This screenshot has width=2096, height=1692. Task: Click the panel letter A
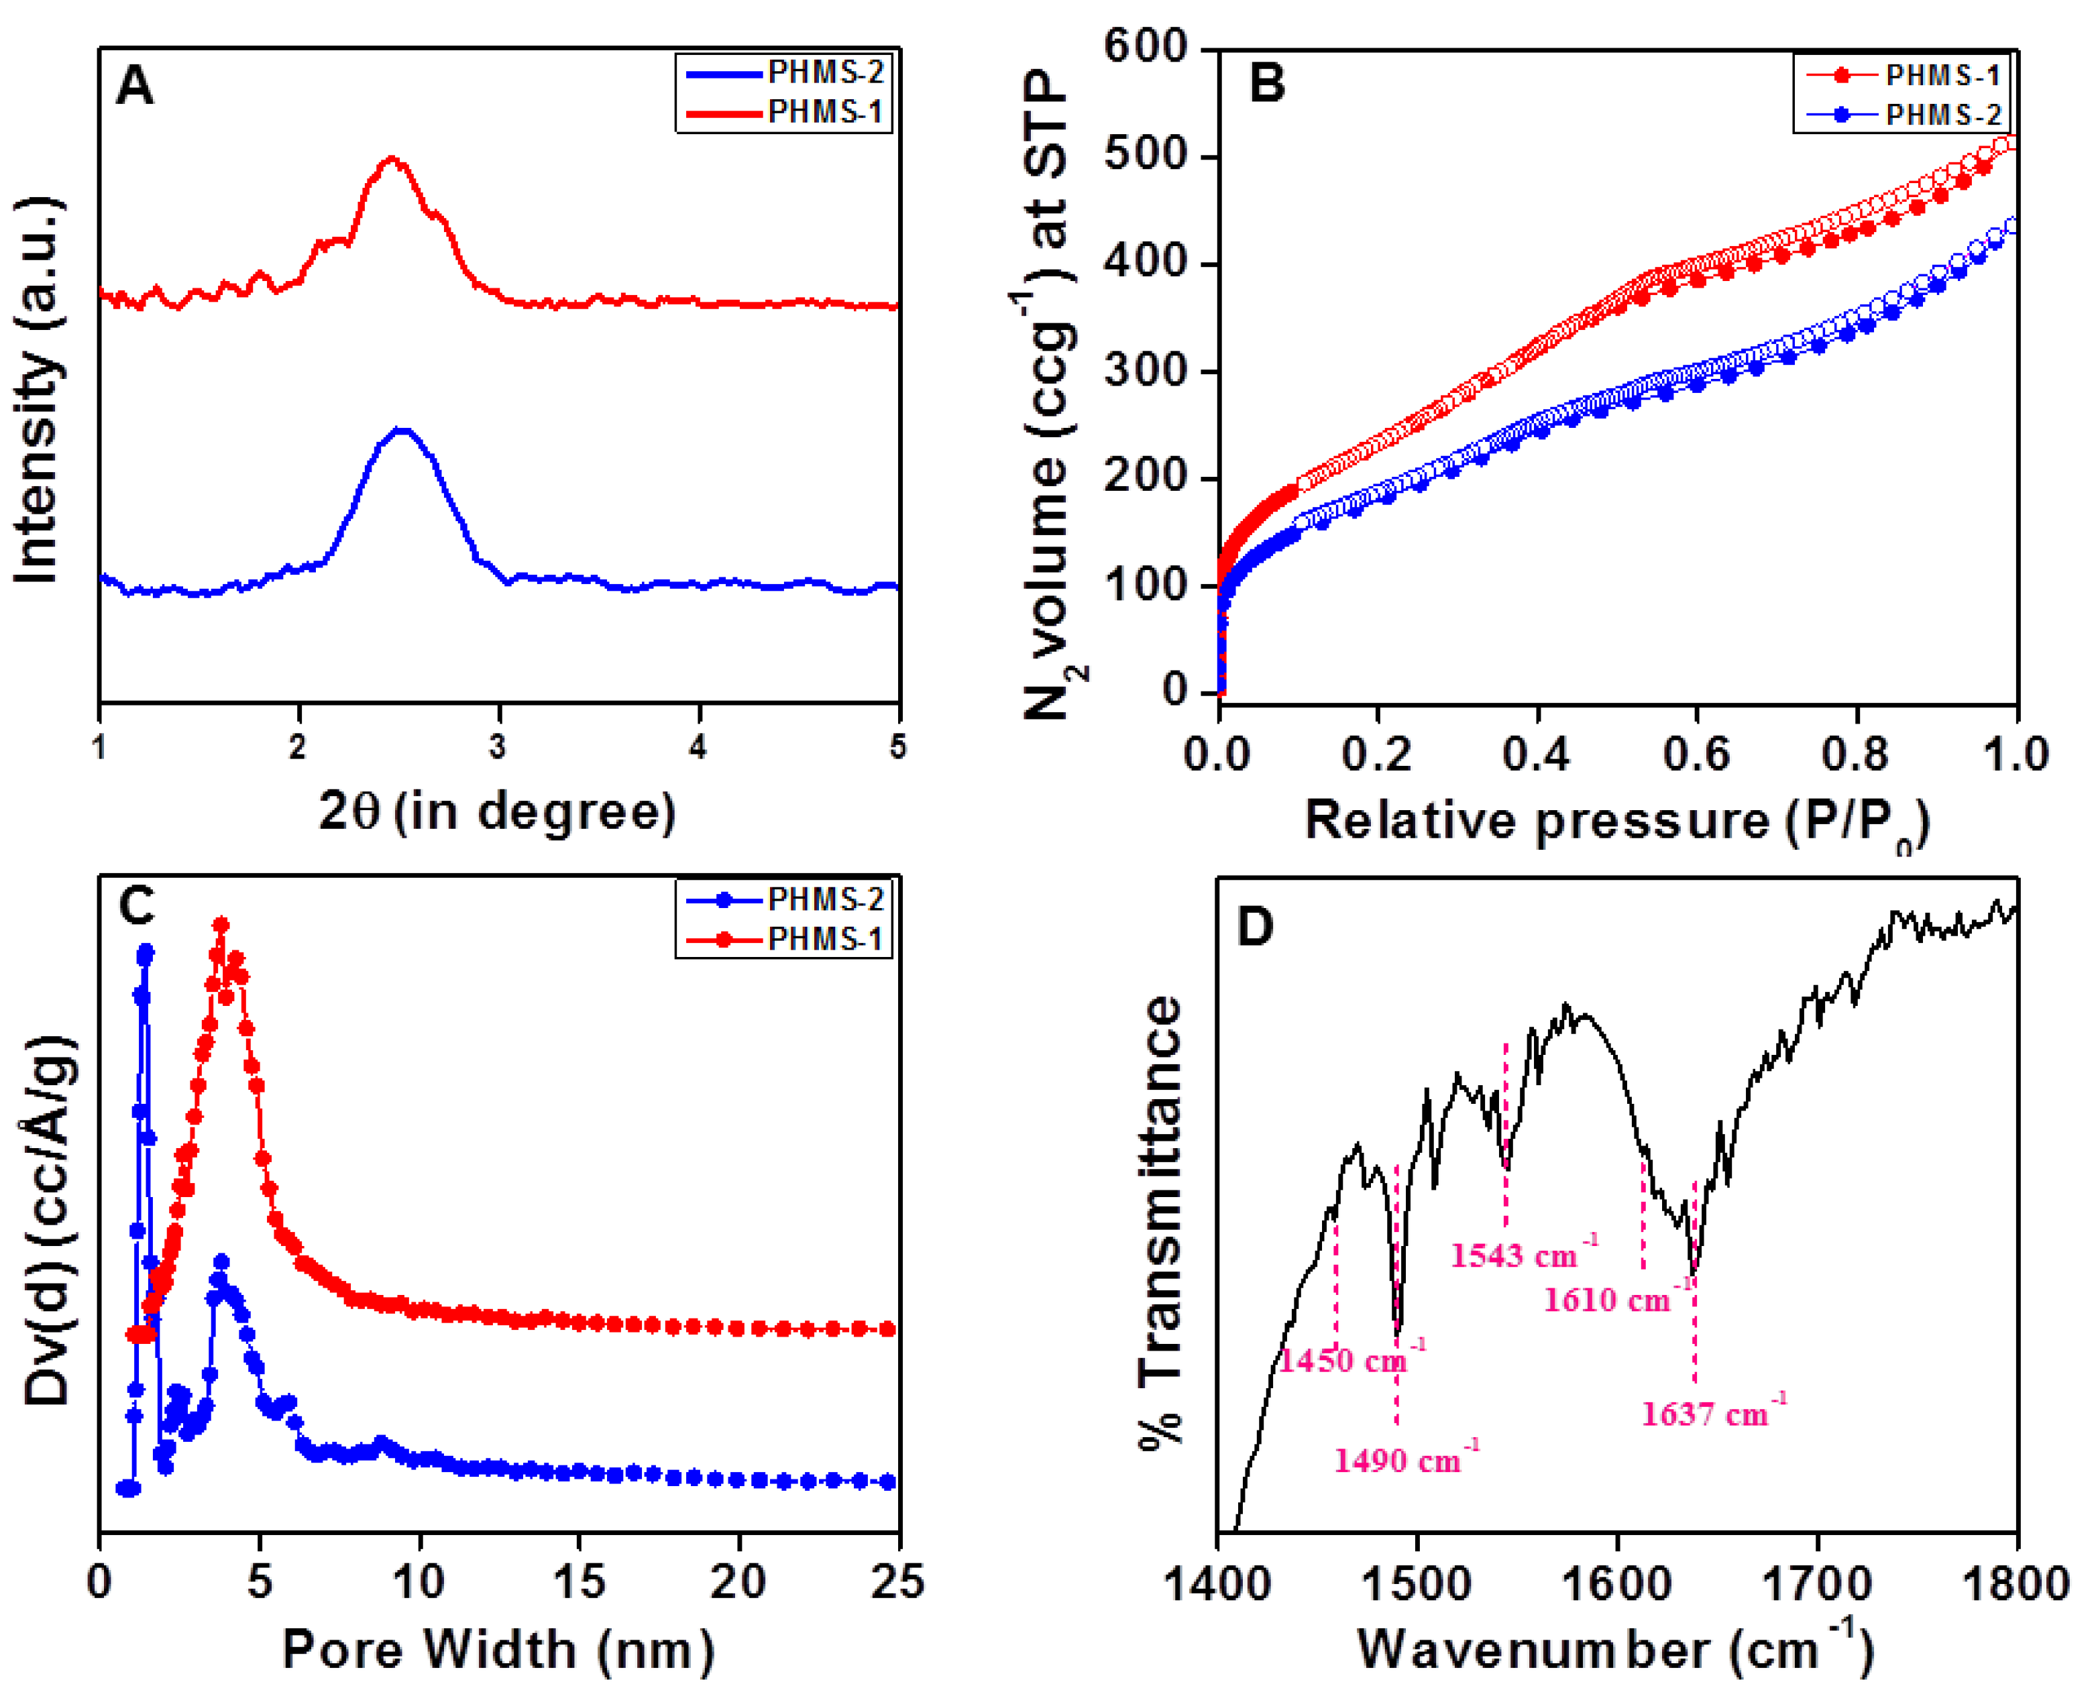click(135, 86)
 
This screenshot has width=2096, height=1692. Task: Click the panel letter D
click(1255, 926)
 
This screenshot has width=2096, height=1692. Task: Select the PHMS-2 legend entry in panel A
click(785, 73)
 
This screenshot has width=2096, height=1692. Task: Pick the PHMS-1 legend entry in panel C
click(785, 939)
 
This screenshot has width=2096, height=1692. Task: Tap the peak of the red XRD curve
click(392, 158)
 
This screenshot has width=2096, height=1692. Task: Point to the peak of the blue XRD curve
click(400, 430)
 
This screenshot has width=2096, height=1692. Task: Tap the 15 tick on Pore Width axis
click(579, 1581)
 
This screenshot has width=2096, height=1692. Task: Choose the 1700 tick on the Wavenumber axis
click(1816, 1583)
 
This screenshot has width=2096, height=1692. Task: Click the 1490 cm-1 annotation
click(1404, 1460)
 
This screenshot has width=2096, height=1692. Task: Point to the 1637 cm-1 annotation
click(1713, 1413)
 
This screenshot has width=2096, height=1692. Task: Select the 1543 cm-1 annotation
click(1523, 1254)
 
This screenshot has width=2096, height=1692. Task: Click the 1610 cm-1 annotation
click(1615, 1299)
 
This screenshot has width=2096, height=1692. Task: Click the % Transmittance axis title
click(1160, 1223)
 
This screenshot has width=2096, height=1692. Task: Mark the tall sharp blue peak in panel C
click(146, 952)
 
